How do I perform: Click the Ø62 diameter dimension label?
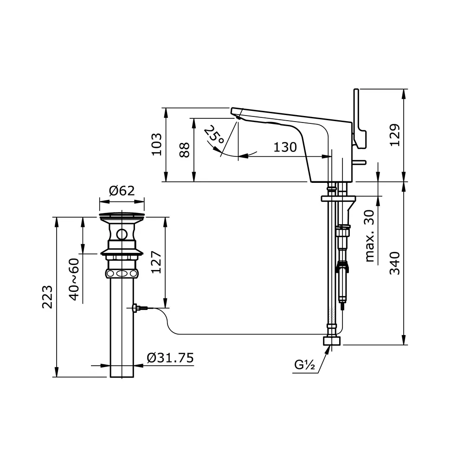[122, 191]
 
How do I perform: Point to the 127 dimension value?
[157, 263]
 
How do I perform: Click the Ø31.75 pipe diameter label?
[170, 358]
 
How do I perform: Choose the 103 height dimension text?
[157, 144]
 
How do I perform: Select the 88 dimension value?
[185, 149]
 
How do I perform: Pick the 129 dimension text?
[395, 135]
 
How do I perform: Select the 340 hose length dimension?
[395, 263]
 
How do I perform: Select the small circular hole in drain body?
[122, 234]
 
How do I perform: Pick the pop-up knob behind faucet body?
[360, 162]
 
